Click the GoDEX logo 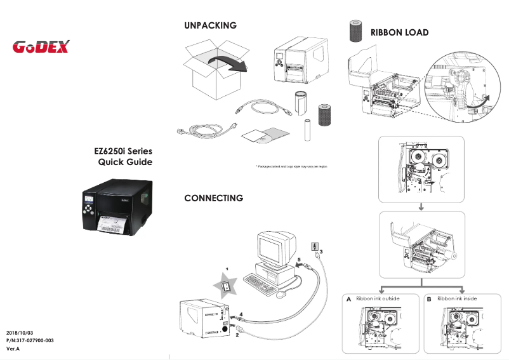(x=41, y=47)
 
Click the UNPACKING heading (x=210, y=25)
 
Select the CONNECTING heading (x=213, y=198)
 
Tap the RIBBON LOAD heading (x=399, y=32)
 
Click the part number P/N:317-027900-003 (x=30, y=341)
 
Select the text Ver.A (x=13, y=349)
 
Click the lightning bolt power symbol (x=313, y=246)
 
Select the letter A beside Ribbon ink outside (x=348, y=298)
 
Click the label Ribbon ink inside (x=457, y=298)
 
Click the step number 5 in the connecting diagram (x=299, y=260)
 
